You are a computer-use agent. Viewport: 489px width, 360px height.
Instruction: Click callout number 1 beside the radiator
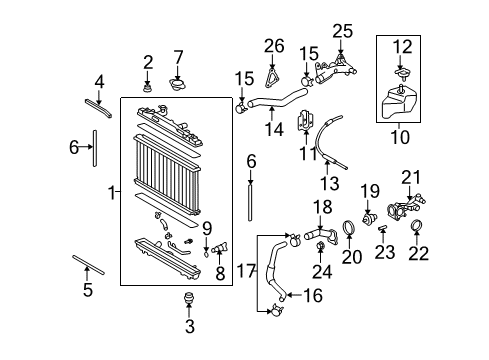pyautogui.click(x=111, y=192)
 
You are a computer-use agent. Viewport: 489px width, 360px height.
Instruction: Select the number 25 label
pyautogui.click(x=342, y=32)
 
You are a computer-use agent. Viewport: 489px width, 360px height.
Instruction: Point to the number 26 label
pyautogui.click(x=275, y=45)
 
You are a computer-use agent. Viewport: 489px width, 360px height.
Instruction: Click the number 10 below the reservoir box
pyautogui.click(x=402, y=136)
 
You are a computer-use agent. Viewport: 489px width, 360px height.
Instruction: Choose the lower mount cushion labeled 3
pyautogui.click(x=186, y=299)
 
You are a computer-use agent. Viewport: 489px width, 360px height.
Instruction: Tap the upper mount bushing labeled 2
pyautogui.click(x=147, y=90)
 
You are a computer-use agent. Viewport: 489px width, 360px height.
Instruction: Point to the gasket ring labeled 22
pyautogui.click(x=419, y=227)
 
